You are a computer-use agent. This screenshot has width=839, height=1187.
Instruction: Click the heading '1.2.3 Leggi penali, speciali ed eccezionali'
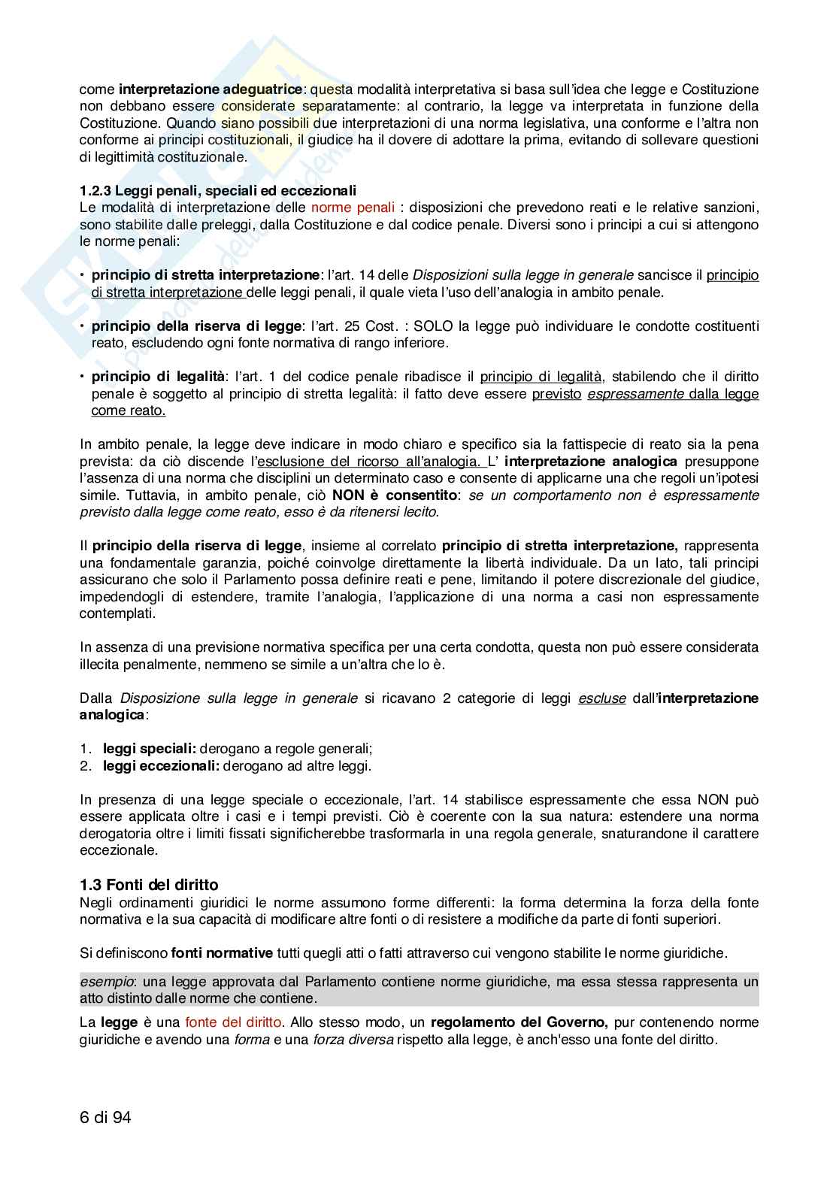point(218,189)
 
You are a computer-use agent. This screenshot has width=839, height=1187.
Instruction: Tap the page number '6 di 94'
point(105,1118)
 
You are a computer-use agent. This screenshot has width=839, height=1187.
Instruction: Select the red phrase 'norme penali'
point(342,207)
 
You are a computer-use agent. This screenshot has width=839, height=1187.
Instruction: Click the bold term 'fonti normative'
point(222,953)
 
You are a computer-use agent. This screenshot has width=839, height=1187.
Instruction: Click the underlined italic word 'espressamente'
point(635,394)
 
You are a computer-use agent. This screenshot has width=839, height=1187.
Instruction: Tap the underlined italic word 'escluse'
point(601,698)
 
